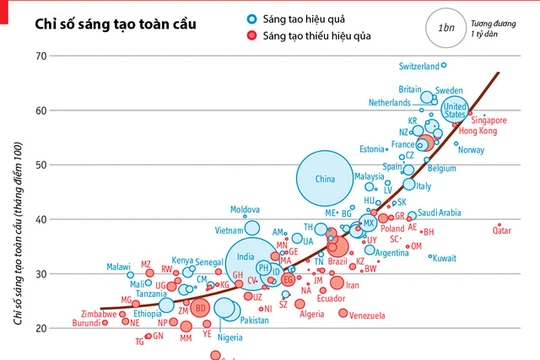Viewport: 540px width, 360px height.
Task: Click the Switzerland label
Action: [418, 66]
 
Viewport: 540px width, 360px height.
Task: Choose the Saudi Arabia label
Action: [439, 212]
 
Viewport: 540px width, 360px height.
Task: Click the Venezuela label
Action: [368, 315]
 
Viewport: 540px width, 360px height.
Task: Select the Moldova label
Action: [245, 210]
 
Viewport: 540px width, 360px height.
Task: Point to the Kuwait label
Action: [443, 258]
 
